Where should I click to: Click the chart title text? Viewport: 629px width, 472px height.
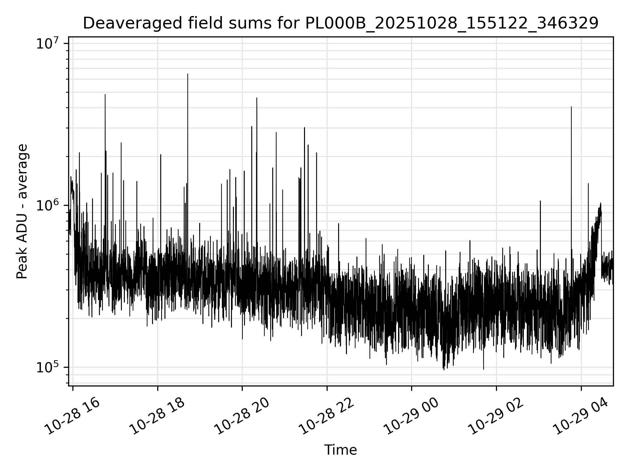pyautogui.click(x=340, y=24)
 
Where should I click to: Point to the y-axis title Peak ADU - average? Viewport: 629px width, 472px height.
pyautogui.click(x=22, y=211)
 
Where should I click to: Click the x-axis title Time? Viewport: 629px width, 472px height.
pyautogui.click(x=340, y=450)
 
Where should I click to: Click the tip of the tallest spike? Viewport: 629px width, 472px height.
pyautogui.click(x=188, y=74)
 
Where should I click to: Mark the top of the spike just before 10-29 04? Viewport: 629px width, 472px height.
pyautogui.click(x=571, y=107)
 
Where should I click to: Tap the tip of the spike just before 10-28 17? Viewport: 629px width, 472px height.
pyautogui.click(x=105, y=95)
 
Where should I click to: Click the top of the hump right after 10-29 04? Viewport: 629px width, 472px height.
pyautogui.click(x=600, y=204)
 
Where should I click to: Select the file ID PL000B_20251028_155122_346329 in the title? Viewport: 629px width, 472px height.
pyautogui.click(x=452, y=24)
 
